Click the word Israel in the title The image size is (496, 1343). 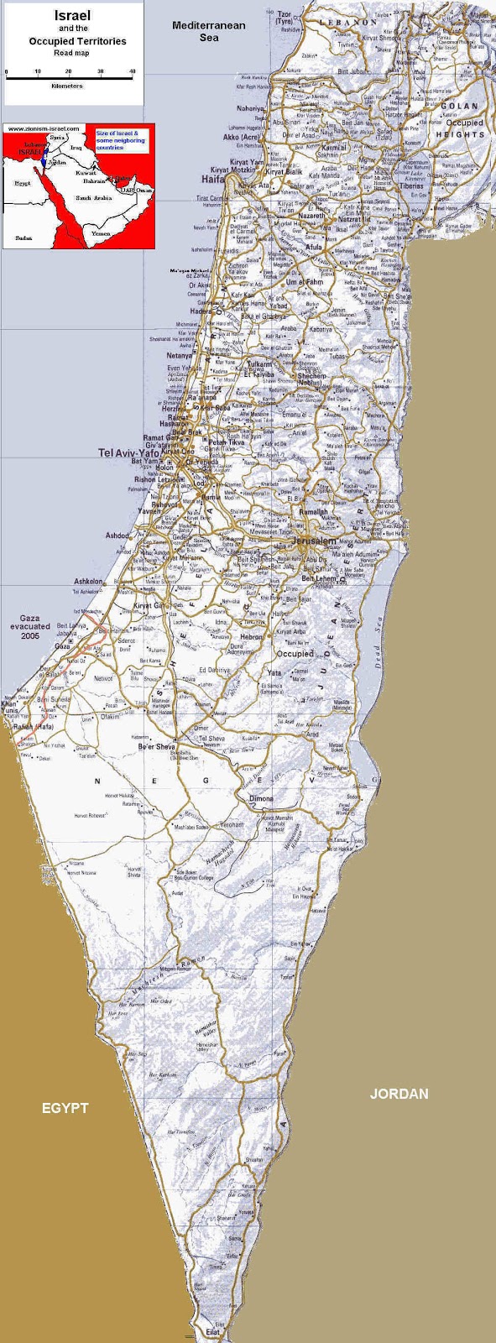pos(73,16)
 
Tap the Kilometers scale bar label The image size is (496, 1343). pos(67,86)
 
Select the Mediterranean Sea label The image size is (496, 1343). pos(209,31)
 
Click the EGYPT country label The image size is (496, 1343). pos(65,1108)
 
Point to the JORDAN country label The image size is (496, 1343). pos(399,1094)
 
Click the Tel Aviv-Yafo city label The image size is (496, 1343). pos(128,452)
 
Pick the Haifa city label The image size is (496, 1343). pos(212,179)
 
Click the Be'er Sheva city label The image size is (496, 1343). pos(157,747)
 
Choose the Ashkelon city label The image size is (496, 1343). pos(89,581)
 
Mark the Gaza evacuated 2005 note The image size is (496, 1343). pos(29,627)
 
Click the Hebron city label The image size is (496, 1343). pos(252,637)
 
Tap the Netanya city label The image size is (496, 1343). pos(179,356)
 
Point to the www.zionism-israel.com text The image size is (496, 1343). pos(44,128)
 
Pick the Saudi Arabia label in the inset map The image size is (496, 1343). pos(94,198)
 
